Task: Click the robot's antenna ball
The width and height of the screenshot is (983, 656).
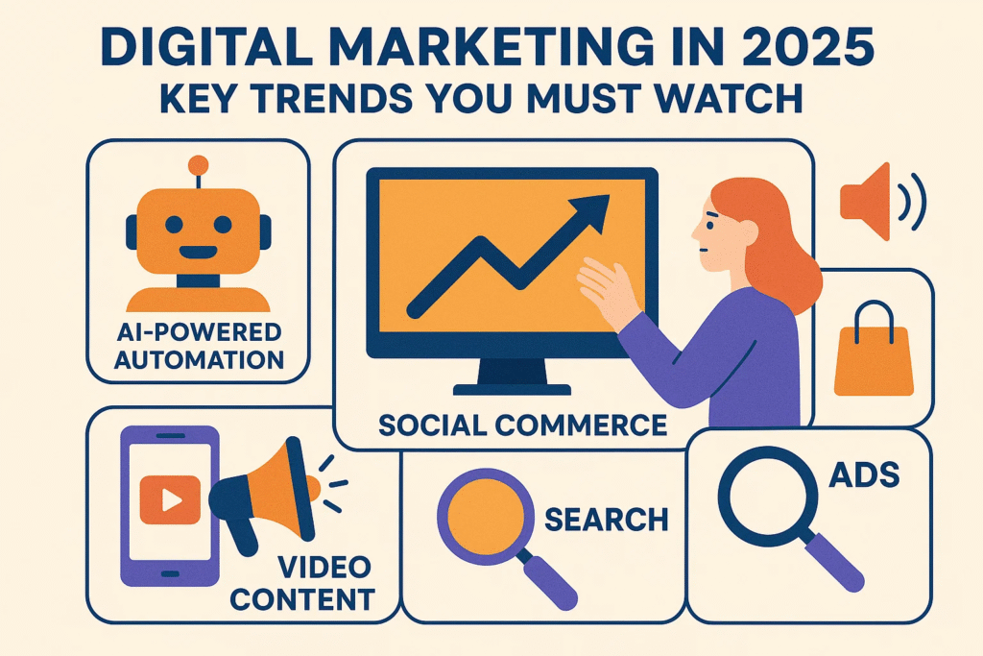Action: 199,164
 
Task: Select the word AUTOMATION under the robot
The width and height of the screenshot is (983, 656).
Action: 198,360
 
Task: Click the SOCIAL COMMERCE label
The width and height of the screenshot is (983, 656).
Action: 522,424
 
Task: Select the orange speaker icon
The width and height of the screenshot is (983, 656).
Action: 867,203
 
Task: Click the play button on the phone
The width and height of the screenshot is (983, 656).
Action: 165,499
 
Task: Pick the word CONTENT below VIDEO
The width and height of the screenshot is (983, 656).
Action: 302,599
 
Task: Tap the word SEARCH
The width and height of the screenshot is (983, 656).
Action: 606,520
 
